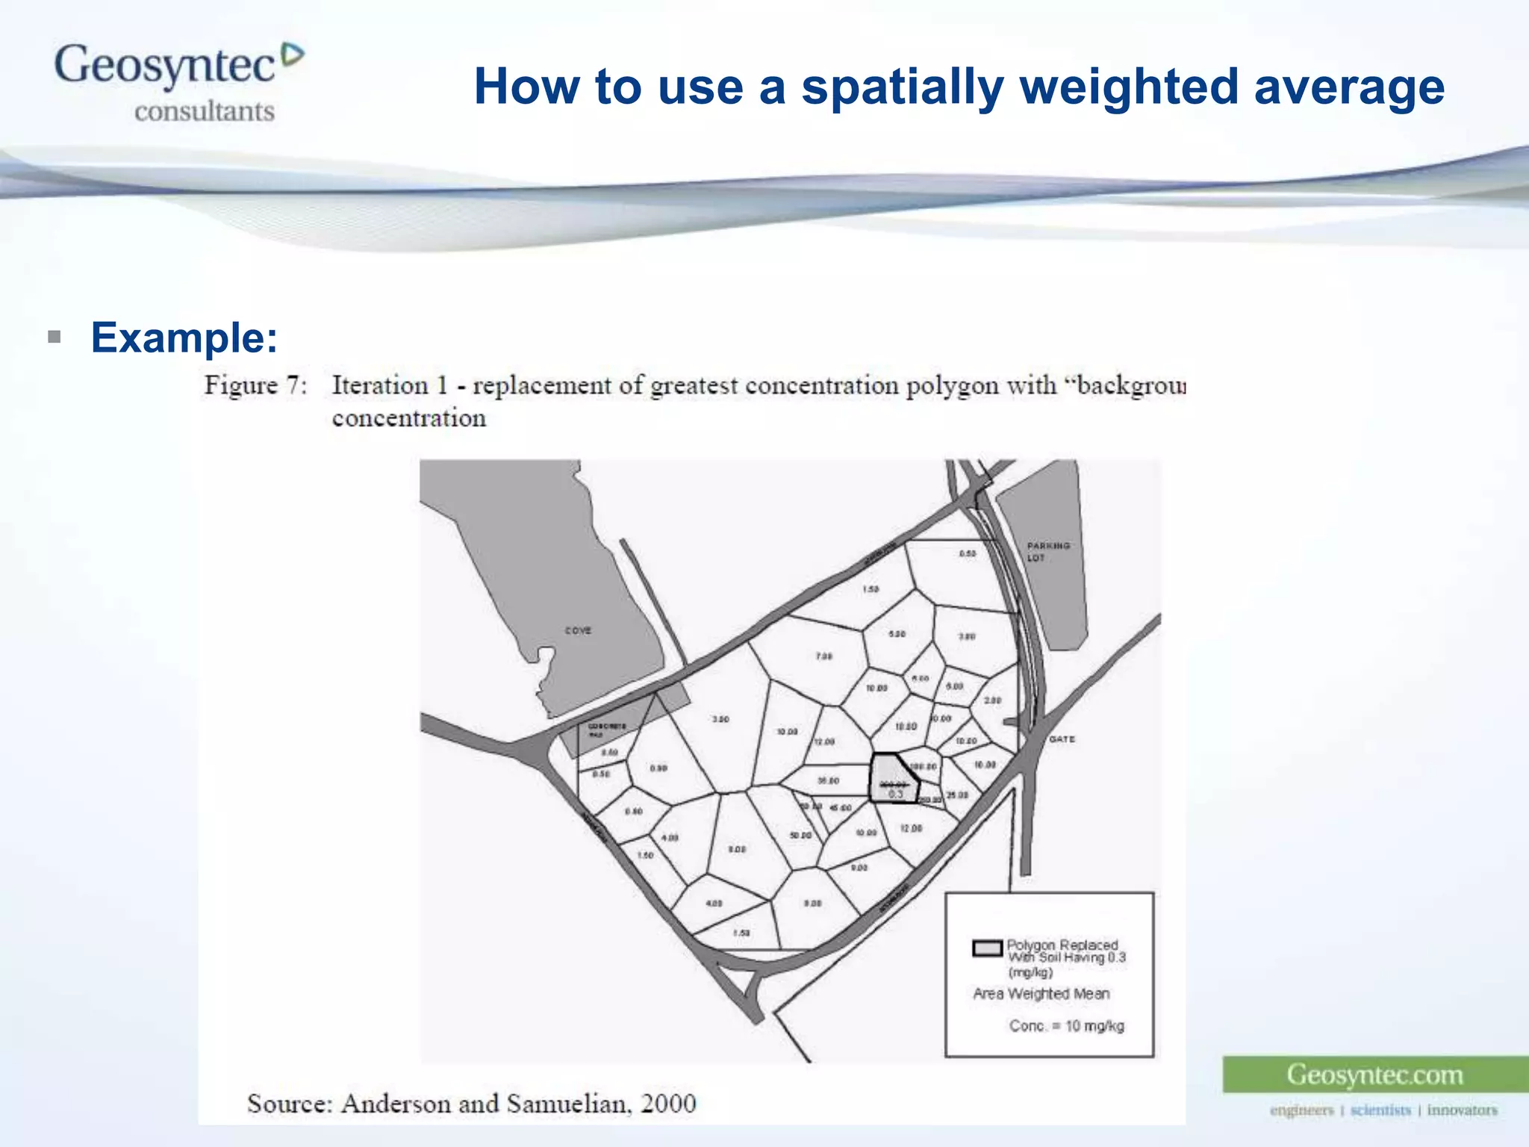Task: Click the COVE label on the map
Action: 578,631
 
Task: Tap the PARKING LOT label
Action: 1047,552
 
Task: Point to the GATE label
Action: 1062,739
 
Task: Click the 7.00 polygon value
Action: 823,656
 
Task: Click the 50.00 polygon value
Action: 800,835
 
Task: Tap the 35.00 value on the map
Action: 828,781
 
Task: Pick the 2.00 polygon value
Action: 992,700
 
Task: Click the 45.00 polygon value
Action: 841,808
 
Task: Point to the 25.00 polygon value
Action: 957,795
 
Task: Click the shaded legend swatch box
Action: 987,948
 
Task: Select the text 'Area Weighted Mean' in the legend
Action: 1041,994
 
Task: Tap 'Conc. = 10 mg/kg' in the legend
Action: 1066,1026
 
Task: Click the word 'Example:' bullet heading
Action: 184,338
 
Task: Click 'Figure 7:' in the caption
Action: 255,386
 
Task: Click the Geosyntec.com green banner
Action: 1374,1075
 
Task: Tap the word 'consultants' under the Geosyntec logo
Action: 205,111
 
